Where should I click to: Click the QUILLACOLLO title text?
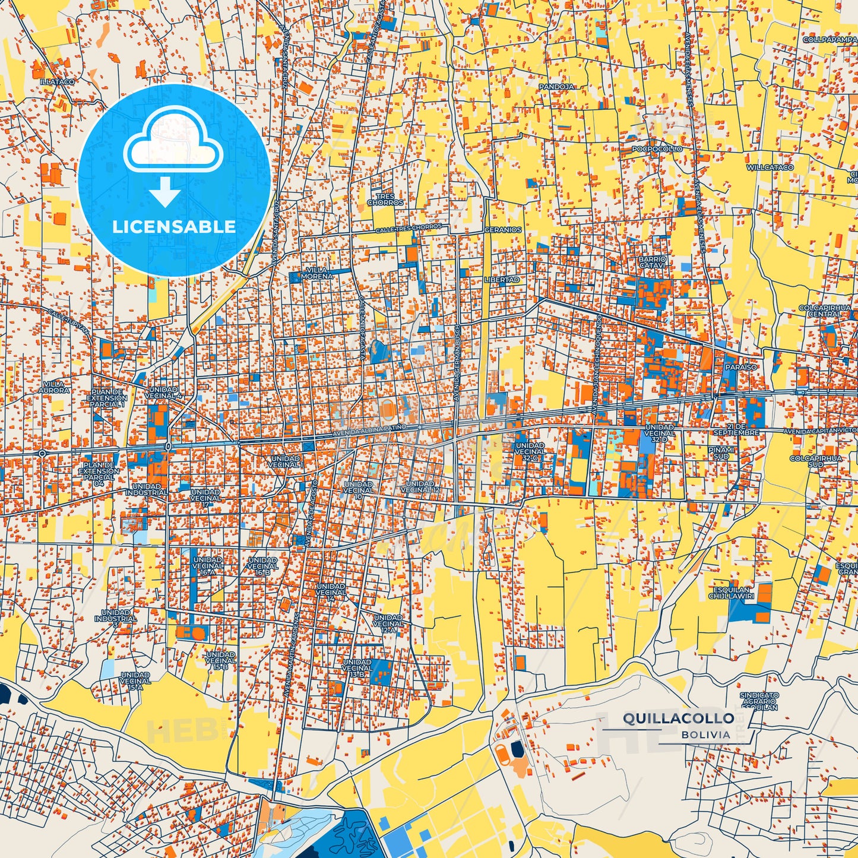(x=678, y=718)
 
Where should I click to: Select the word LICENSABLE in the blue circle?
(x=174, y=226)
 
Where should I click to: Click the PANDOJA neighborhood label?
(x=556, y=87)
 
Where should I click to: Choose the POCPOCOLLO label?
(x=657, y=149)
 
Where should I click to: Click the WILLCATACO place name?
(x=770, y=167)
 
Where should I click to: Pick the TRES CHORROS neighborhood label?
(x=385, y=200)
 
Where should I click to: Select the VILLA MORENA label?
(x=317, y=273)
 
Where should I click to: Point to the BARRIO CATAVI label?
(x=653, y=262)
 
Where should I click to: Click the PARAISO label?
(x=740, y=367)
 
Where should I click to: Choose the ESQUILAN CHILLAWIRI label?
(x=732, y=593)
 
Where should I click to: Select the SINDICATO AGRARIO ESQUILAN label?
(x=759, y=701)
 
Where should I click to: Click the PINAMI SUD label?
(x=721, y=453)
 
